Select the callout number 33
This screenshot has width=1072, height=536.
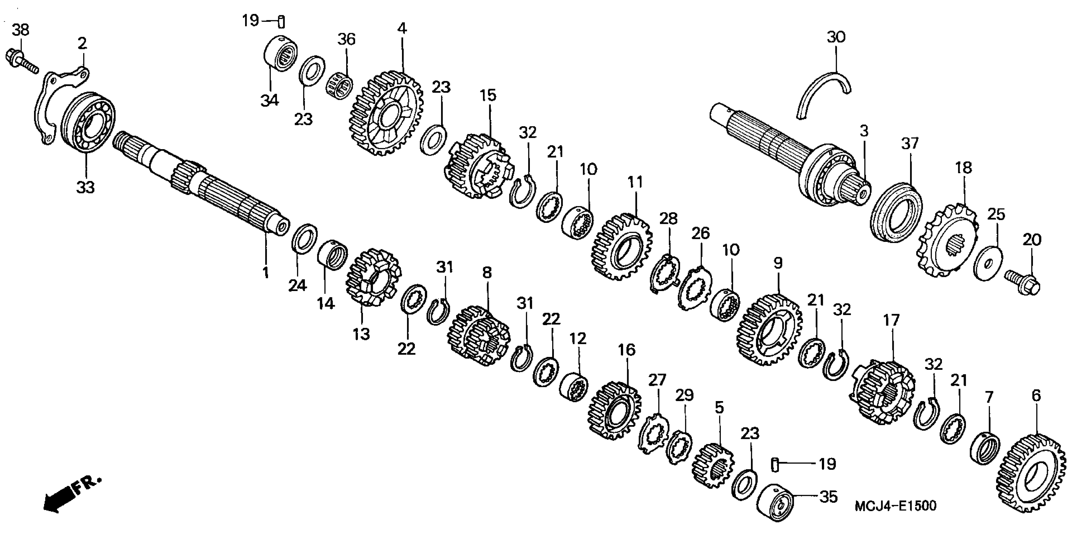pyautogui.click(x=85, y=187)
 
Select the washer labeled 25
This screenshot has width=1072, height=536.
pyautogui.click(x=988, y=263)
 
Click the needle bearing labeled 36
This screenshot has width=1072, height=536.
pyautogui.click(x=340, y=86)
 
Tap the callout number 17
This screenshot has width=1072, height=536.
pyautogui.click(x=892, y=320)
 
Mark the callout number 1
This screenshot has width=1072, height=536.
pyautogui.click(x=266, y=272)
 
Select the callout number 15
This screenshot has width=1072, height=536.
pyautogui.click(x=488, y=95)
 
